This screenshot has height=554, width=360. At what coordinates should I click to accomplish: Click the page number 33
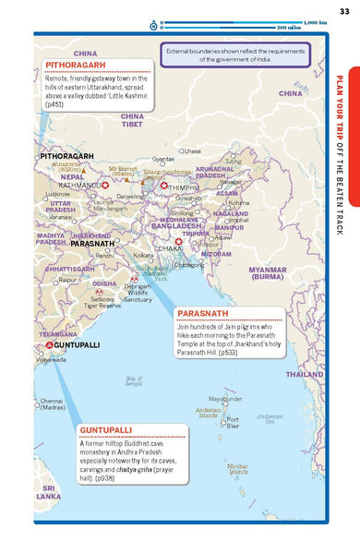click(343, 10)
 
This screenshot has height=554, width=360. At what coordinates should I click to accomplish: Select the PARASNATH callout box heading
click(206, 312)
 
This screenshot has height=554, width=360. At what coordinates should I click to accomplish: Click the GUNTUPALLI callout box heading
click(107, 430)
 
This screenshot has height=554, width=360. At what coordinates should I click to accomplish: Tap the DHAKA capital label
click(169, 248)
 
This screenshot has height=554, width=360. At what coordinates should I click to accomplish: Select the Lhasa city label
click(191, 151)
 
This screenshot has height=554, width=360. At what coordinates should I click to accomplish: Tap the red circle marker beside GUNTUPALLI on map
click(48, 344)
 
